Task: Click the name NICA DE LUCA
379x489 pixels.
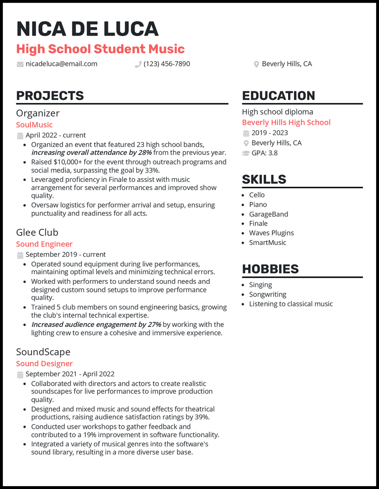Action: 87,29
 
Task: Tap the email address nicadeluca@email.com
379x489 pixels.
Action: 61,64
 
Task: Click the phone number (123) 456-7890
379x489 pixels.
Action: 167,64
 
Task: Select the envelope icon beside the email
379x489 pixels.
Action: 20,64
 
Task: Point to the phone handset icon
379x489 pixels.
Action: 138,64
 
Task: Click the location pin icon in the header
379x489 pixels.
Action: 256,64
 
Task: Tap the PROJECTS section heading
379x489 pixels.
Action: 50,96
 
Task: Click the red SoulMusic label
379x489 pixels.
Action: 34,125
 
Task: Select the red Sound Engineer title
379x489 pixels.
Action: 44,244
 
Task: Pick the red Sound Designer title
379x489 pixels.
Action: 44,363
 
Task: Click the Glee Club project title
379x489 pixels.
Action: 37,232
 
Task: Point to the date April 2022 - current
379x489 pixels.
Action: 55,136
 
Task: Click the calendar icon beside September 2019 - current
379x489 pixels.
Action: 20,255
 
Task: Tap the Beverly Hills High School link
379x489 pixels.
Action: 286,122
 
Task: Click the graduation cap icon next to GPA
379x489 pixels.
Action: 246,153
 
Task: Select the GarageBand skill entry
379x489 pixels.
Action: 268,214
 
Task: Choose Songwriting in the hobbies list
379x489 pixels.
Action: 267,294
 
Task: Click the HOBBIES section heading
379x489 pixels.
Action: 270,269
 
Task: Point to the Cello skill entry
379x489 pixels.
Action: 257,195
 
